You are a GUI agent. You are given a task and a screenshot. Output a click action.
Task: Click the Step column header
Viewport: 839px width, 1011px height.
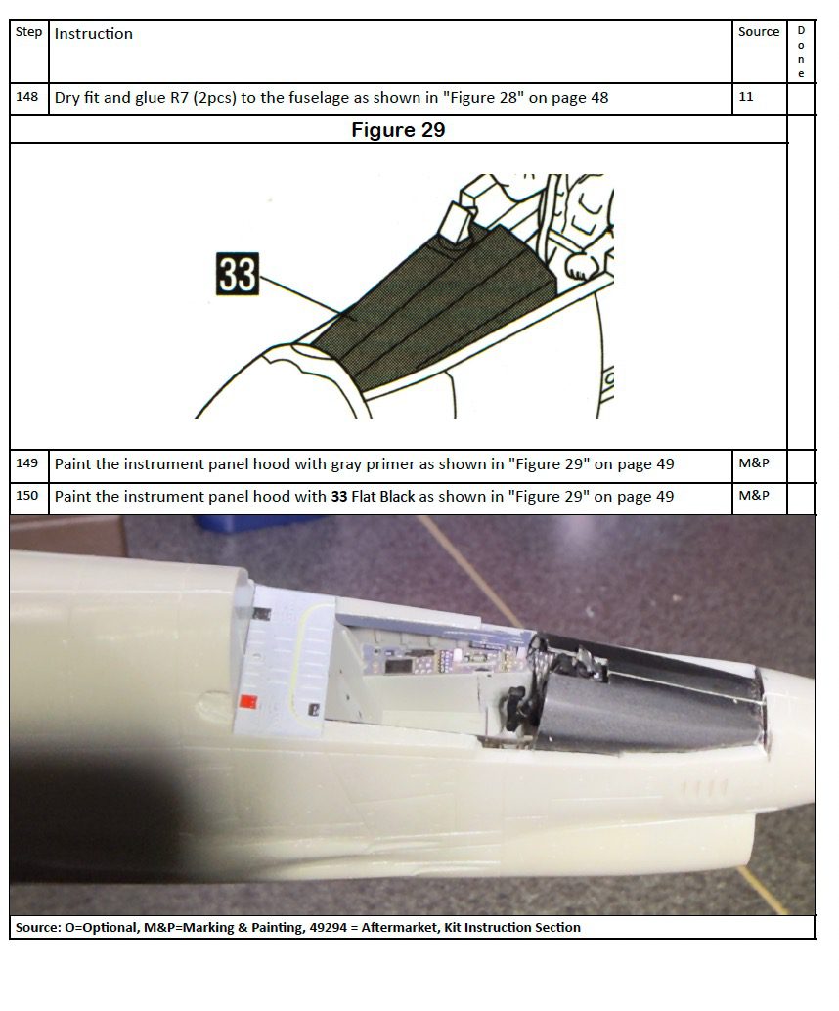click(28, 32)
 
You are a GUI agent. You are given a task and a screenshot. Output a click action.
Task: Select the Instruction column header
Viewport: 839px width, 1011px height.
click(94, 34)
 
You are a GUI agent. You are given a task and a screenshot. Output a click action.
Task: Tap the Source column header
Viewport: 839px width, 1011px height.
click(759, 32)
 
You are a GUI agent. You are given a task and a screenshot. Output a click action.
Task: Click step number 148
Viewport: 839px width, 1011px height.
click(27, 97)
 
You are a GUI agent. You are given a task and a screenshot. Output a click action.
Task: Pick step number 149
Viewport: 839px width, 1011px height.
click(27, 463)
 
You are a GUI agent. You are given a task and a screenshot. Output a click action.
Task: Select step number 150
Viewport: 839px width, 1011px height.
click(27, 496)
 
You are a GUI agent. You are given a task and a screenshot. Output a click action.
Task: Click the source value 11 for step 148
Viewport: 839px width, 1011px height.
click(745, 97)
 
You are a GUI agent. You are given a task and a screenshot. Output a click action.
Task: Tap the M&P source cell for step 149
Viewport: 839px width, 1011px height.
click(754, 463)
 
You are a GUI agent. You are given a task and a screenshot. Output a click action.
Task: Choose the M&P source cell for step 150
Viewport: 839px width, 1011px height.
click(754, 496)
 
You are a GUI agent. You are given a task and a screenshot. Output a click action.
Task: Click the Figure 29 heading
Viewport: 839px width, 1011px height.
click(398, 130)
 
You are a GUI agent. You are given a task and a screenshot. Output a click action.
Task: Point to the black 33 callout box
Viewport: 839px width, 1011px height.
click(238, 274)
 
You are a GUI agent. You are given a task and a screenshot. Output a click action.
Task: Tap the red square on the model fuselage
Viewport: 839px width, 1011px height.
click(248, 702)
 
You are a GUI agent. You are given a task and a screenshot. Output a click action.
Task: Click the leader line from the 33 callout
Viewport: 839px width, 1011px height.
click(300, 295)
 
